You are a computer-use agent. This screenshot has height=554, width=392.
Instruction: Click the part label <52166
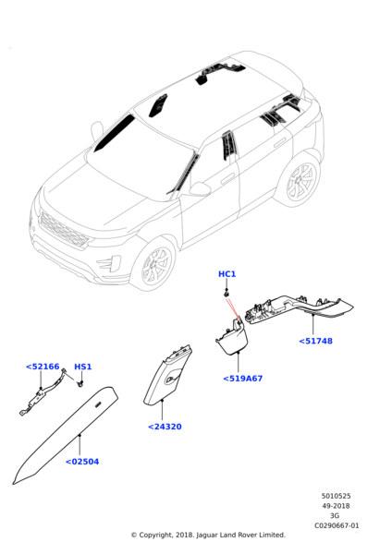click(x=43, y=367)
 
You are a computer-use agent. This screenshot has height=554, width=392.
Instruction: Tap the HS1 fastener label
click(x=83, y=367)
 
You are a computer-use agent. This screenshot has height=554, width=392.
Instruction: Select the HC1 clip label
click(x=227, y=274)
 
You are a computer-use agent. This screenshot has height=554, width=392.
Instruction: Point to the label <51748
click(x=316, y=341)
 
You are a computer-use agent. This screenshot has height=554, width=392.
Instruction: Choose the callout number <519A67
click(x=243, y=379)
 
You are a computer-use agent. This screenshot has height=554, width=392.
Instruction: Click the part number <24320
click(x=165, y=427)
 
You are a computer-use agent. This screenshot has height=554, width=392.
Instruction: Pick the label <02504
click(x=82, y=462)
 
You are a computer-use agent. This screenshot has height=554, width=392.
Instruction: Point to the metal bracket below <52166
click(x=43, y=393)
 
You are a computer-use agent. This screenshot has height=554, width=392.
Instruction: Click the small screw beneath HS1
click(x=80, y=383)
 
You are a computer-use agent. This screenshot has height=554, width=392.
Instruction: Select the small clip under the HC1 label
click(x=227, y=293)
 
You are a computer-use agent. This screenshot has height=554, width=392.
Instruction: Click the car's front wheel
click(x=156, y=265)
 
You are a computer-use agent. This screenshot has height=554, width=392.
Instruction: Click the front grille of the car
click(x=63, y=231)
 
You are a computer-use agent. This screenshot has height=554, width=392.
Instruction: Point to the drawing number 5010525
click(x=336, y=496)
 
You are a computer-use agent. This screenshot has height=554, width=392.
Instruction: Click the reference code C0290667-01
click(x=337, y=525)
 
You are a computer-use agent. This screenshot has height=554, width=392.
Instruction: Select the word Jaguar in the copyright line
click(x=206, y=535)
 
